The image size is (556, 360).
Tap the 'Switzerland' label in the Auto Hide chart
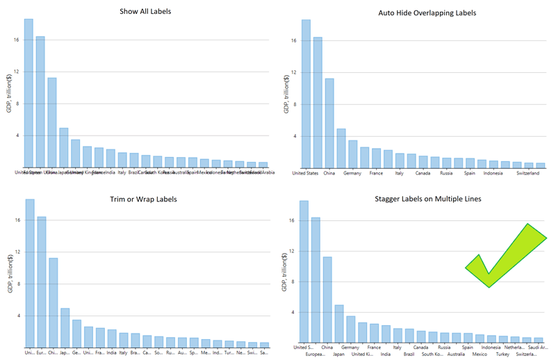[x=528, y=174]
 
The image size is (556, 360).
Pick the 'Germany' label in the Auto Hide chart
[x=352, y=174]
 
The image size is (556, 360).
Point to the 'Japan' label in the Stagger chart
[x=338, y=354]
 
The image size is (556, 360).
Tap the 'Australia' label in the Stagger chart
[x=457, y=354]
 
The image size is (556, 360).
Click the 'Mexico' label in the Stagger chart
[x=480, y=354]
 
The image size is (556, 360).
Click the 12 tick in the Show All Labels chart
[x=17, y=72]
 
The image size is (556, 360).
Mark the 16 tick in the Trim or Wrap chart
[x=17, y=220]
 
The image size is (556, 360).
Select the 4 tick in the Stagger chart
[x=294, y=313]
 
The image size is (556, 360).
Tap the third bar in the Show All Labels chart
[x=52, y=122]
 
